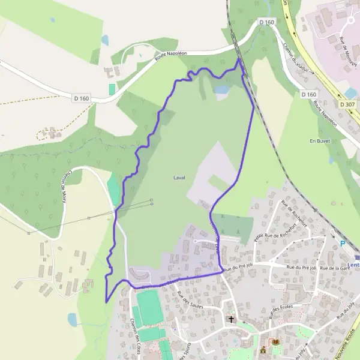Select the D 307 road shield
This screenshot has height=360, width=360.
(x=347, y=104)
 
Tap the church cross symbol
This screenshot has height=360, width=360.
(x=230, y=319)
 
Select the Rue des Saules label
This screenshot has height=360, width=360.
(x=190, y=299)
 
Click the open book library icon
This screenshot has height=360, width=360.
(x=276, y=343)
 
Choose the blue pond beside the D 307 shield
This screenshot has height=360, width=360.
(x=350, y=93)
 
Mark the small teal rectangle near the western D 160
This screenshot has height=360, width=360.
(x=112, y=88)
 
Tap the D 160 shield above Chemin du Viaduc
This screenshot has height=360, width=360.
(x=266, y=22)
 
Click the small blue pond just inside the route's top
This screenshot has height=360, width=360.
(x=222, y=90)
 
